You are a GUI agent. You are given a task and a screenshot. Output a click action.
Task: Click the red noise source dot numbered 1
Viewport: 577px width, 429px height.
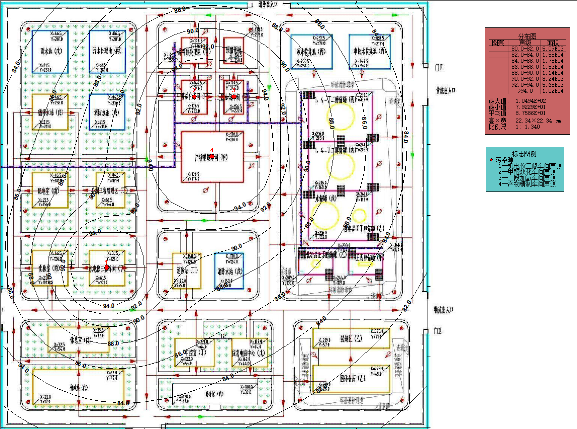107,267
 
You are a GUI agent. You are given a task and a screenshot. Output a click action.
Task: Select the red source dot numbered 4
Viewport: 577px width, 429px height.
212,156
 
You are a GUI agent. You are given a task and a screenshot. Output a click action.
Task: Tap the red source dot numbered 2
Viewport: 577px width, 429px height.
194,97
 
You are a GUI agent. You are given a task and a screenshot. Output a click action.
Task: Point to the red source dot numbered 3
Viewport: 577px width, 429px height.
234,97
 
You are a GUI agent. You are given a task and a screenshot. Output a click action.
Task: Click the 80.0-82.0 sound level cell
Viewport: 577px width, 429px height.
525,49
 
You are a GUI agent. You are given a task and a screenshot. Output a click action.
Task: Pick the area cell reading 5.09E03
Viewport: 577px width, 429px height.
553,49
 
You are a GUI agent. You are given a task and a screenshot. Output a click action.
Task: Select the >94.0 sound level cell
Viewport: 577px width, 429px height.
525,91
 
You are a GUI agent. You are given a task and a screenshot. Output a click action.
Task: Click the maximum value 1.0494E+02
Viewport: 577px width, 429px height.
530,101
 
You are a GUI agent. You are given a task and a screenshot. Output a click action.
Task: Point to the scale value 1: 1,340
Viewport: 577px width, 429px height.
527,127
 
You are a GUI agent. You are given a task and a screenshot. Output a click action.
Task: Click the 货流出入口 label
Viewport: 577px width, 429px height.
445,90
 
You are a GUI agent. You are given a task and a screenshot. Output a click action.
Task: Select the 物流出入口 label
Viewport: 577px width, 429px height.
443,309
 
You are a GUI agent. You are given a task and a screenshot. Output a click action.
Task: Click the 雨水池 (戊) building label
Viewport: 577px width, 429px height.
51,51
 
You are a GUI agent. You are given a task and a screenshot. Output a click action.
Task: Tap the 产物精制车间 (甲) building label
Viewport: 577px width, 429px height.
211,157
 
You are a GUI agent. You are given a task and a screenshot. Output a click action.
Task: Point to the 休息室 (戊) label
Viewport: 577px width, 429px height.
81,340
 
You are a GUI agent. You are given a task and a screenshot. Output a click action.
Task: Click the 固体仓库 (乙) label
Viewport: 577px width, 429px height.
352,378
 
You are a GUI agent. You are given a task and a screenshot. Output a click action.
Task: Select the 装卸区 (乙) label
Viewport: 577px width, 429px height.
351,339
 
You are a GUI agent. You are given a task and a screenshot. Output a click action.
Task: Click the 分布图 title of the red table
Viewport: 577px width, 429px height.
527,36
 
